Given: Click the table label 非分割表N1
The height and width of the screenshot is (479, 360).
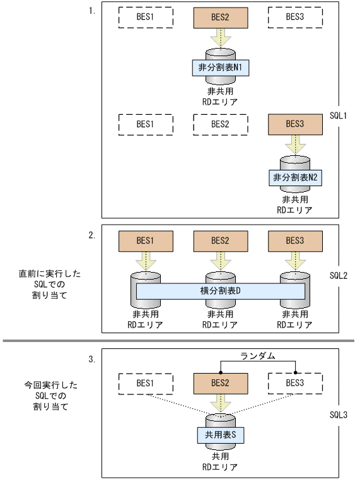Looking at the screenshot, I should click(x=220, y=68).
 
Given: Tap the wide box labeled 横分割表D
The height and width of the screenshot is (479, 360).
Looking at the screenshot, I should click(x=220, y=291).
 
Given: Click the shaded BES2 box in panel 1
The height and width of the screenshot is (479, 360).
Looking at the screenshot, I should click(x=220, y=18).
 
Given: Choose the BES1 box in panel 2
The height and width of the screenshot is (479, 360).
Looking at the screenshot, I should click(x=146, y=240).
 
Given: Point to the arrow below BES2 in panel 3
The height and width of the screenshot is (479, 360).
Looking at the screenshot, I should click(x=220, y=403).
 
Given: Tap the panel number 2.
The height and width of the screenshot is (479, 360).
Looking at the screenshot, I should click(x=91, y=235).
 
